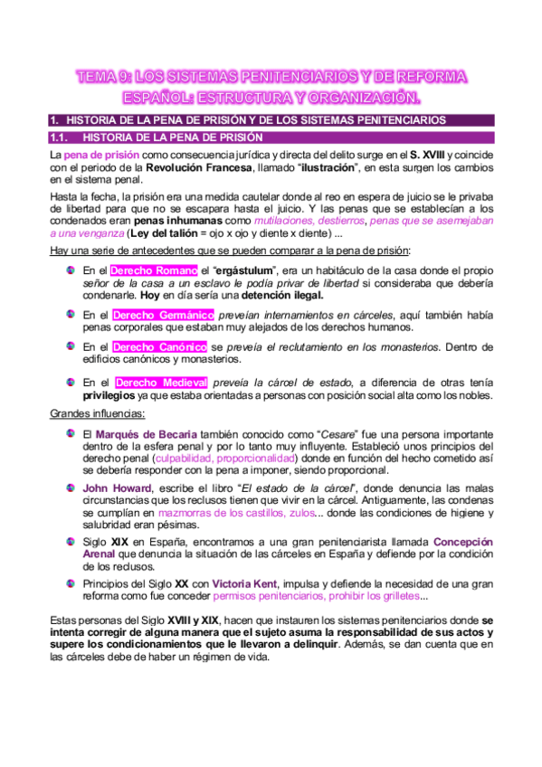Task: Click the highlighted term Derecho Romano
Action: click(153, 270)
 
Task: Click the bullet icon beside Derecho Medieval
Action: click(71, 382)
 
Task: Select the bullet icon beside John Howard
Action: click(71, 486)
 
